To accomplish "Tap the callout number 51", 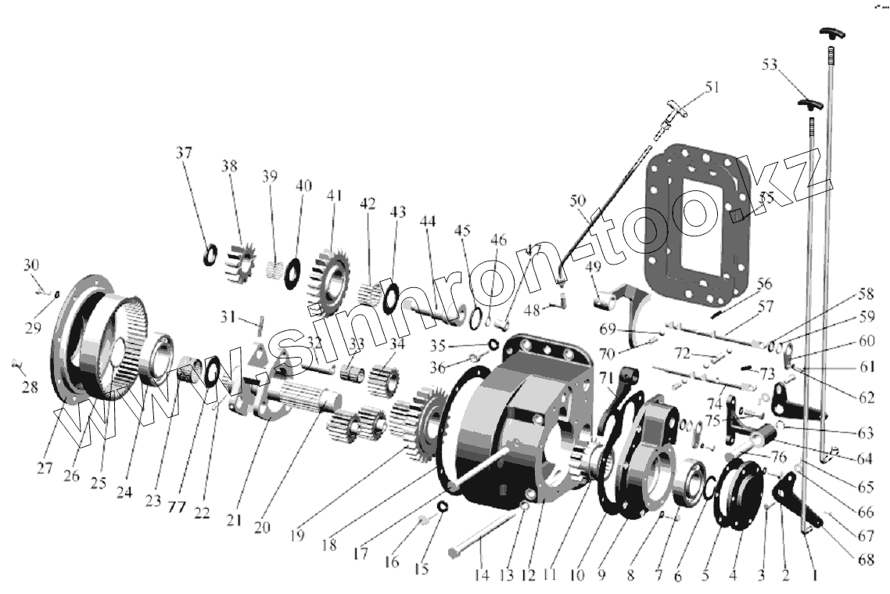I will pyautogui.click(x=711, y=88).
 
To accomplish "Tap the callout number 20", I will pyautogui.click(x=261, y=527).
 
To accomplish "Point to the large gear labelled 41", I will pyautogui.click(x=332, y=281).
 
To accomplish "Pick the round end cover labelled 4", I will pyautogui.click(x=739, y=498).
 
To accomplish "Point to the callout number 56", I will pyautogui.click(x=763, y=284).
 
